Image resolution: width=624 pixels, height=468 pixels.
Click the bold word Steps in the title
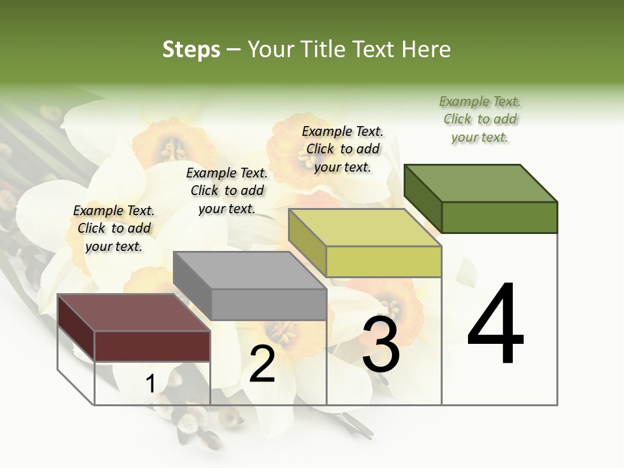coord(191,49)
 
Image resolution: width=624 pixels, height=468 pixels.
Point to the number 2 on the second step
coord(262,364)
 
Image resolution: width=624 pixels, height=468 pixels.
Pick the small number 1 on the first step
coord(150,384)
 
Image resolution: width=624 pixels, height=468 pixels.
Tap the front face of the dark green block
coord(499,217)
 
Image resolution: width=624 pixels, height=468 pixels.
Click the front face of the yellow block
coord(383,261)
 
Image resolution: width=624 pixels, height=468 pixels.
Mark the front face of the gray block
coord(268,304)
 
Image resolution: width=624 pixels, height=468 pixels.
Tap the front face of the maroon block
coord(152,346)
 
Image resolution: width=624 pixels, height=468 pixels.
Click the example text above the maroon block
coord(114,228)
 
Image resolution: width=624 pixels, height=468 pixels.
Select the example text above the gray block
coord(227,190)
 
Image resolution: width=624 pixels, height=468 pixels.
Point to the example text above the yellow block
coord(343,149)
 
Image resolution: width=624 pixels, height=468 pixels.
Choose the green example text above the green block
coord(480,119)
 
